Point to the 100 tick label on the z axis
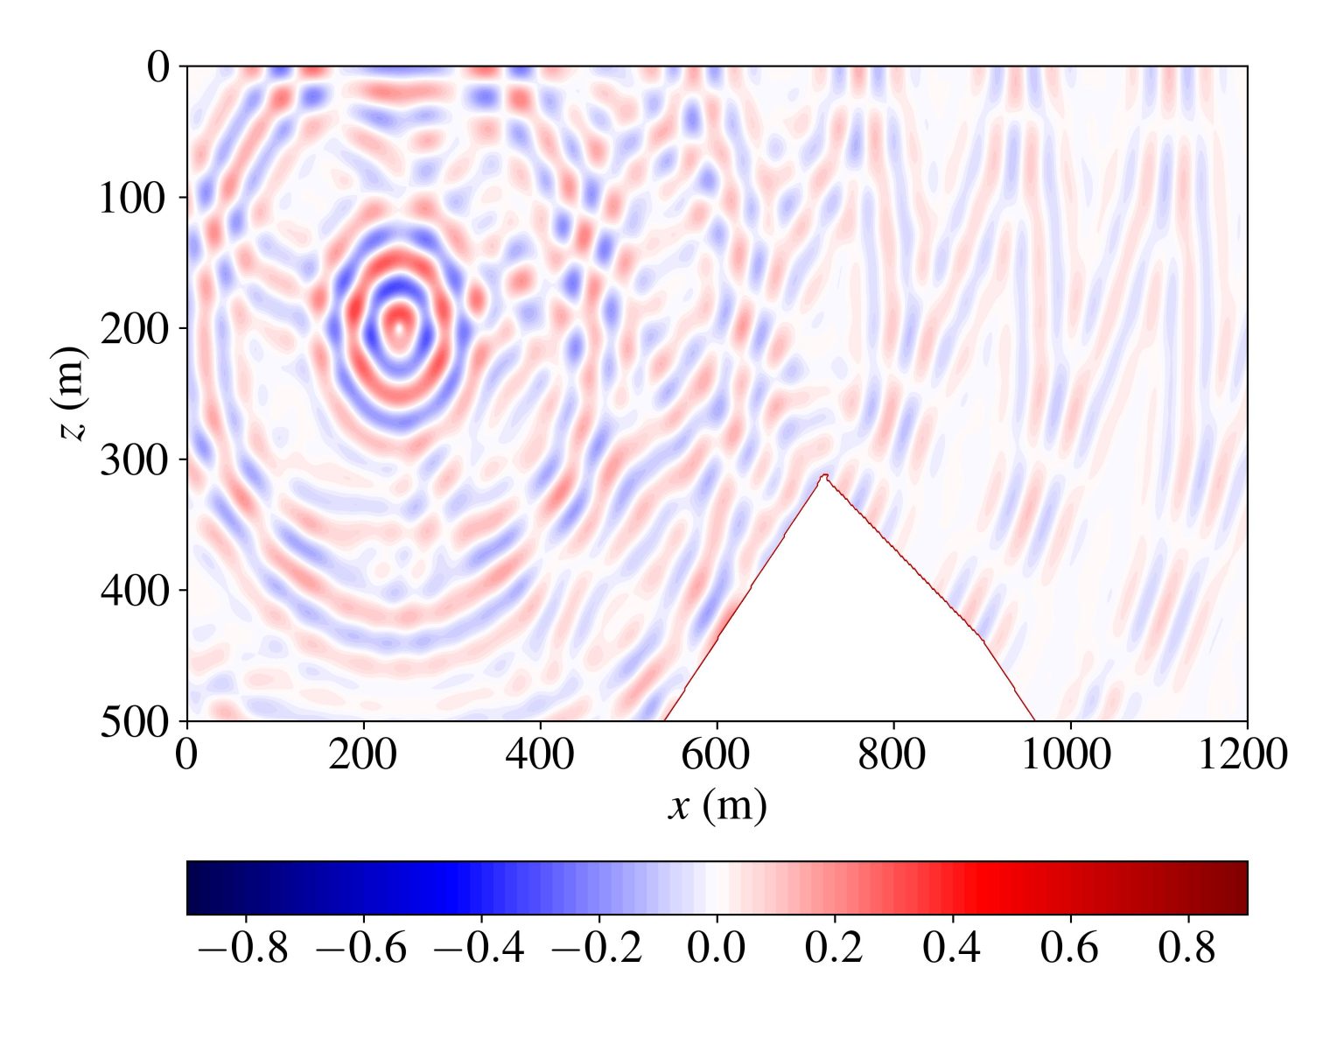132,199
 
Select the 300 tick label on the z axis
132,460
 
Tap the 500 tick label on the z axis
132,723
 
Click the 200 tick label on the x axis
363,754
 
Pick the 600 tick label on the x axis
717,754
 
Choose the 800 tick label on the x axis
893,754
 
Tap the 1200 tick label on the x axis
1243,754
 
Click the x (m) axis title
717,805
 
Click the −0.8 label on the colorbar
244,948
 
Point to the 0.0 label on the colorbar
717,948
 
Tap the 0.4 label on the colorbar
952,948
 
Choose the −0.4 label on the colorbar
480,948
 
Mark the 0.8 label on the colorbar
1187,948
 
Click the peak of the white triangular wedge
823,477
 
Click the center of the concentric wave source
399,329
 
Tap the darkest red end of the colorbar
1241,888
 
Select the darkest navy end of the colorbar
193,888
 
